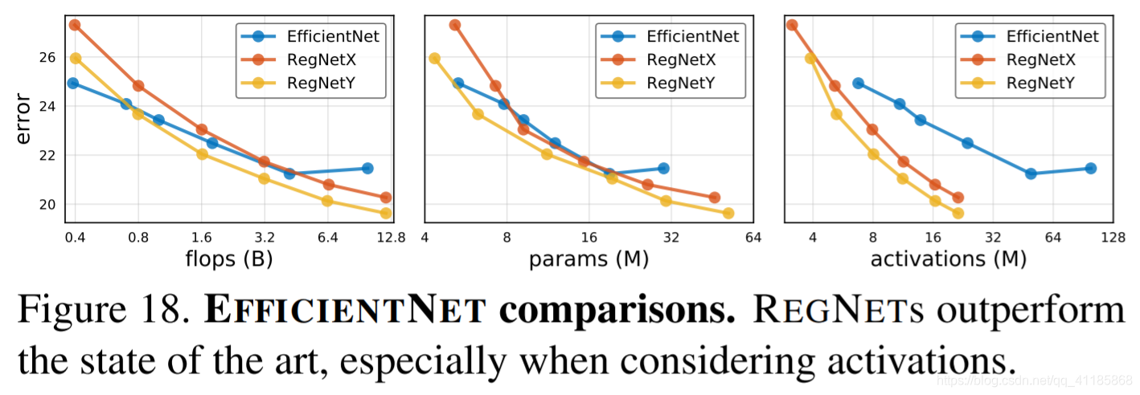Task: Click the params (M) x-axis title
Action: point(588,259)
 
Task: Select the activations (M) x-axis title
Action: point(949,259)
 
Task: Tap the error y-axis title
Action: point(24,120)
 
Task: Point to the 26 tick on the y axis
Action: point(48,58)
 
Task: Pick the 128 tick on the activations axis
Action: point(1113,238)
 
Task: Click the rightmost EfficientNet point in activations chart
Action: point(1091,168)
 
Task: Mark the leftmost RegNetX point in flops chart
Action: point(75,25)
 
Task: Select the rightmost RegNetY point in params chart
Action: point(728,213)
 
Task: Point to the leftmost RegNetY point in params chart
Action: point(435,58)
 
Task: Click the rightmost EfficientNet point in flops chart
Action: point(367,168)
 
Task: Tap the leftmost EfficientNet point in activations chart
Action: point(858,83)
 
